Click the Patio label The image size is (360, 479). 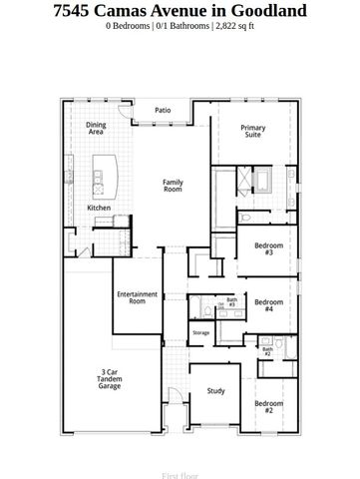tap(162, 111)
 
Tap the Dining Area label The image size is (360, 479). tap(96, 128)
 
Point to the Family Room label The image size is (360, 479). tap(175, 185)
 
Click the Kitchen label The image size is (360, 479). tap(99, 208)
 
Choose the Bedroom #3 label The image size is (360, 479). tap(263, 248)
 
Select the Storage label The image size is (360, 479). tap(200, 332)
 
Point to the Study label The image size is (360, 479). tap(215, 391)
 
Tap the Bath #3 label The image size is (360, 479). tap(231, 301)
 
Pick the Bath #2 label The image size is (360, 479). tap(267, 350)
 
